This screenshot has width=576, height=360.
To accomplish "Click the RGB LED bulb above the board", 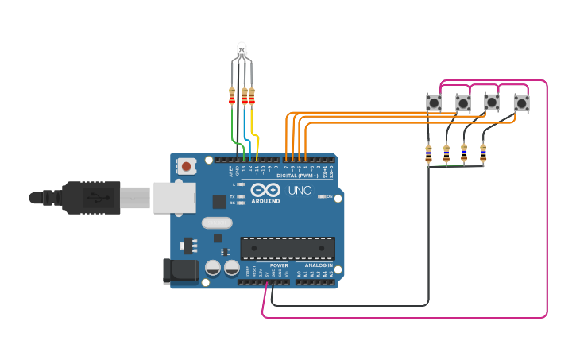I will tap(242, 49).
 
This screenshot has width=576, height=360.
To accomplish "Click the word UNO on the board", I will tap(299, 191).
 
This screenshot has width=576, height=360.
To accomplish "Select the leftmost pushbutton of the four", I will tap(433, 103).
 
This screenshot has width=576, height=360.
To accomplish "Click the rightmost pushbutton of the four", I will tap(521, 103).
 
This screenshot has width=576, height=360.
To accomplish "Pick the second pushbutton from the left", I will tap(462, 103).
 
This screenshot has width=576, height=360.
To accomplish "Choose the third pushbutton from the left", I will tap(492, 103).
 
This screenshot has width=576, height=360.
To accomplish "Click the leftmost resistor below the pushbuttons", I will tap(428, 153).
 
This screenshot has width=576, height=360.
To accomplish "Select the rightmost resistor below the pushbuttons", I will tap(482, 152).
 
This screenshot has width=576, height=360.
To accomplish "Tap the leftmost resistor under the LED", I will tap(232, 96).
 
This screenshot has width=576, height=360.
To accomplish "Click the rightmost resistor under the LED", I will tap(252, 96).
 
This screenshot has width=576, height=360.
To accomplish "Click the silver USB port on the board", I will tap(174, 197).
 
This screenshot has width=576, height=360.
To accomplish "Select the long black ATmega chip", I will tap(287, 248).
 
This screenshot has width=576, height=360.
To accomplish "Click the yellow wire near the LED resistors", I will tap(255, 127).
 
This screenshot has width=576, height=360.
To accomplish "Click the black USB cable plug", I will tap(91, 197).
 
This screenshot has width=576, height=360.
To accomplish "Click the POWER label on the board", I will tap(278, 265).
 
